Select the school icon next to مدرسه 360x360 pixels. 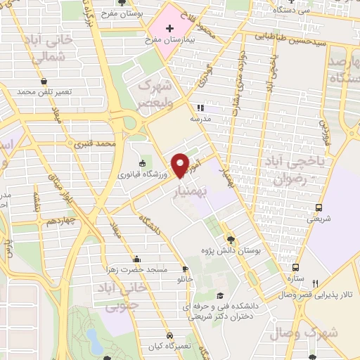[x=200, y=108]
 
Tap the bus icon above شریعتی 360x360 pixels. [x=319, y=207]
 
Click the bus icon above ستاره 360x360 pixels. [x=296, y=268]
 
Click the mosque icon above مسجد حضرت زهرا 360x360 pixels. [x=136, y=259]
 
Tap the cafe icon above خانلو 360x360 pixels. [x=185, y=269]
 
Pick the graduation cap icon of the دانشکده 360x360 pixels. [x=219, y=296]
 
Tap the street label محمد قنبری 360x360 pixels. [x=95, y=143]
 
